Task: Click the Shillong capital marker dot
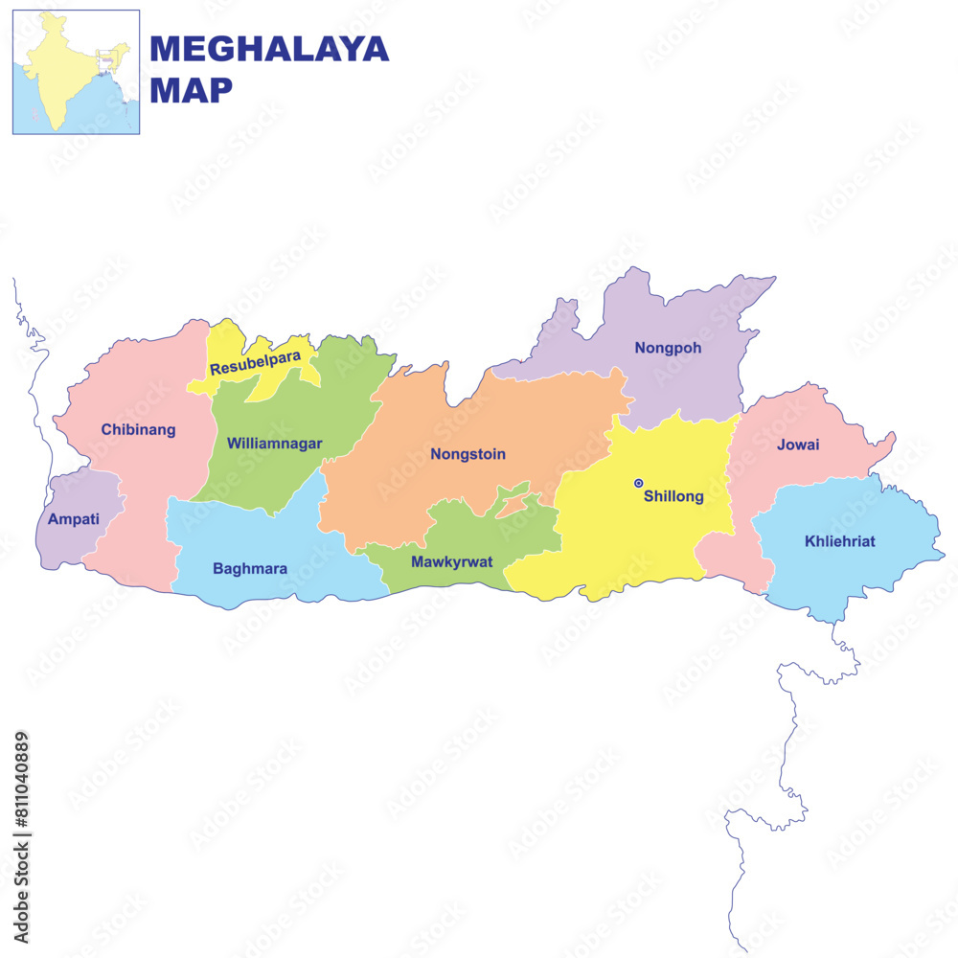[638, 484]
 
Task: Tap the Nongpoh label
[668, 348]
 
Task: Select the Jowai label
[798, 445]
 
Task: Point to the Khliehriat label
[839, 541]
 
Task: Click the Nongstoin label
[468, 454]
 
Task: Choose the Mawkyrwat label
[451, 561]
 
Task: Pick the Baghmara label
[250, 568]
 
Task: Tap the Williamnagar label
[274, 444]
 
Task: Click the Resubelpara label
[255, 362]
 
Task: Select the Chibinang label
[139, 429]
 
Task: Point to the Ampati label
[71, 519]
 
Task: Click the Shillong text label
[673, 496]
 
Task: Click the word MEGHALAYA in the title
[269, 49]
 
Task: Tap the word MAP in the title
[192, 90]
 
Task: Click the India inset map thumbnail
[76, 72]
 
